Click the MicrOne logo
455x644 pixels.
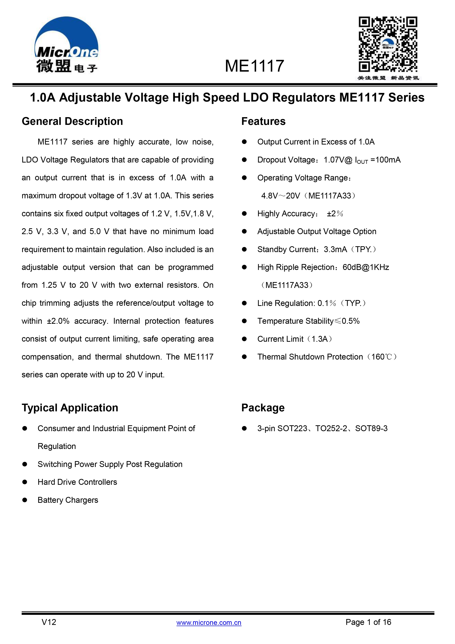[x=66, y=45]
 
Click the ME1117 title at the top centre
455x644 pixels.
[x=254, y=66]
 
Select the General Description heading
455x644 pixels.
[x=72, y=121]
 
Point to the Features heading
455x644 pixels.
[x=263, y=121]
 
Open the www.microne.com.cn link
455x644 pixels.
[x=209, y=623]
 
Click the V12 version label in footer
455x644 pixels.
[x=49, y=622]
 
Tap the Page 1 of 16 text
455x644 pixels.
[x=368, y=622]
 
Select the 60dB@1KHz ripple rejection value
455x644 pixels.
[x=366, y=267]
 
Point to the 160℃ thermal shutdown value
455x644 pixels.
[x=382, y=357]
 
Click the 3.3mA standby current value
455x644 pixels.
[x=335, y=249]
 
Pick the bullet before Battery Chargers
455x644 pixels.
[x=25, y=500]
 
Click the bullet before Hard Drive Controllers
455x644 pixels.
[x=25, y=482]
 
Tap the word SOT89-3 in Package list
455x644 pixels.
[x=371, y=429]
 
